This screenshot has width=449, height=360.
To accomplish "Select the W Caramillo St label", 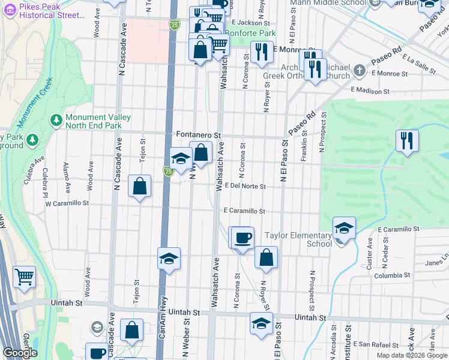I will pyautogui.click(x=67, y=203).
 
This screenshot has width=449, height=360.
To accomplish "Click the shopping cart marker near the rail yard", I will pyautogui.click(x=24, y=277).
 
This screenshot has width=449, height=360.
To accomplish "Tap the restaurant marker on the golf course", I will pyautogui.click(x=407, y=141).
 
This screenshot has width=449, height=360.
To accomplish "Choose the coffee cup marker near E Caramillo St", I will pyautogui.click(x=243, y=238).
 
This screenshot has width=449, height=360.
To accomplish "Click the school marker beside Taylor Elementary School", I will pyautogui.click(x=344, y=229).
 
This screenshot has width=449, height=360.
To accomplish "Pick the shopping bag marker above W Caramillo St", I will pyautogui.click(x=140, y=186).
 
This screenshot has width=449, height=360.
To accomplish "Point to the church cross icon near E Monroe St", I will pyautogui.click(x=359, y=71).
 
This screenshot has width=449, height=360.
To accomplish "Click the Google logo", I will pyautogui.click(x=20, y=353).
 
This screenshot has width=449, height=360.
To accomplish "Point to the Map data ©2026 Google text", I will pyautogui.click(x=412, y=355).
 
